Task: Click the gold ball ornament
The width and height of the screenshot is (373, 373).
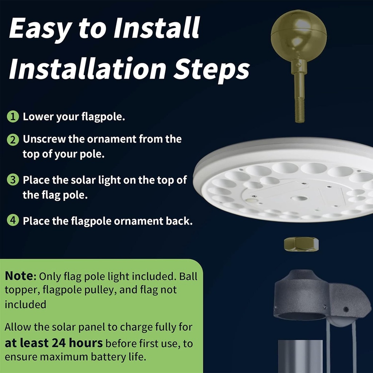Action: point(299,36)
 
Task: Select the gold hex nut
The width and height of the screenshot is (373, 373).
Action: point(301,244)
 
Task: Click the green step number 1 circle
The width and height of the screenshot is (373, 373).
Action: point(13,117)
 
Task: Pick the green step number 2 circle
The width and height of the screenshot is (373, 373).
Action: point(13,140)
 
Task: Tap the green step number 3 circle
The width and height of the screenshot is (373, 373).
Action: point(13,180)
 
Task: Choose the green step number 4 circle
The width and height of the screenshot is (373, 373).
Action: point(13,221)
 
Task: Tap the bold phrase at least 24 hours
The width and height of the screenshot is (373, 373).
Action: point(54,343)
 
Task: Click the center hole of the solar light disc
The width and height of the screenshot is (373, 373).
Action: point(299,199)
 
